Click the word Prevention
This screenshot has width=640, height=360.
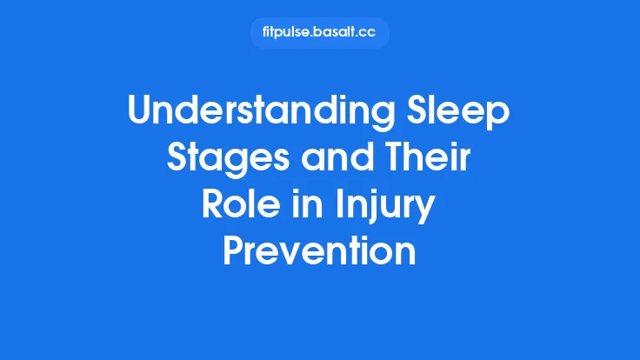click(319, 253)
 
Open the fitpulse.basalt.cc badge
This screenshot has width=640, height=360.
click(319, 33)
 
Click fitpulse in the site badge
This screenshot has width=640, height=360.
click(286, 33)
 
